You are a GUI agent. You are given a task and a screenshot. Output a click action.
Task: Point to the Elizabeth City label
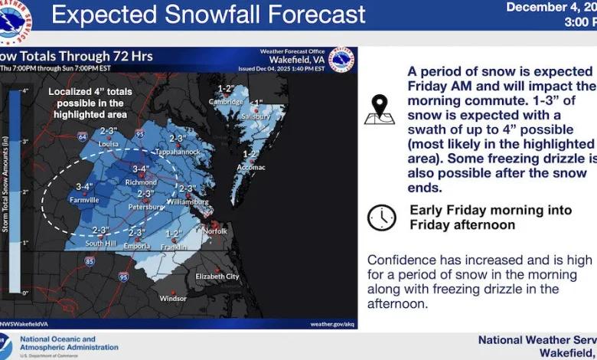coord(217,276)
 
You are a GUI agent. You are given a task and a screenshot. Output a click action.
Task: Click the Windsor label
coord(173,298)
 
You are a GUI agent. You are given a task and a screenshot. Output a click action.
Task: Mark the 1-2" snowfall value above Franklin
coord(173,234)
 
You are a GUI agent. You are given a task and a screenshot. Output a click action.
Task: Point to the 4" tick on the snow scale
coord(24,91)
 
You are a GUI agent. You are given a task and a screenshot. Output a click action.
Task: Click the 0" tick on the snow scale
coord(24,293)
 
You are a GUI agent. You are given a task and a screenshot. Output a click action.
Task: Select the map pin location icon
coord(380,110)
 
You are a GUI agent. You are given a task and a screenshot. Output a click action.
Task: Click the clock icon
coord(381,218)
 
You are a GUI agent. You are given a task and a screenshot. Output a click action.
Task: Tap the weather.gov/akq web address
coord(331,324)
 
